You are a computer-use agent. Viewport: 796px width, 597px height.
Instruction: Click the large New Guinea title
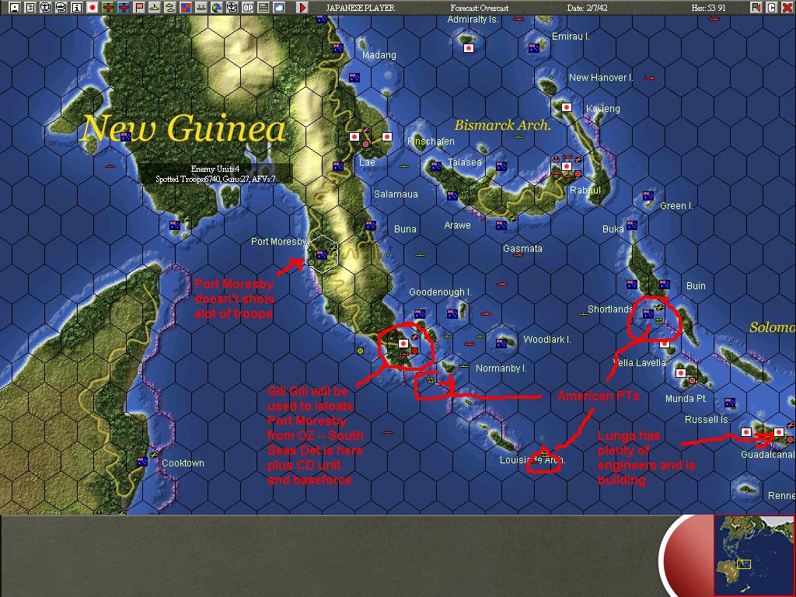[183, 128]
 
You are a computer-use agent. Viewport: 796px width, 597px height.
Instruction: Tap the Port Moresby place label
[280, 242]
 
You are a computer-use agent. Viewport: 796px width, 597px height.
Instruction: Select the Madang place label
[379, 55]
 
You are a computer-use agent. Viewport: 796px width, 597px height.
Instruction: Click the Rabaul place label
[585, 190]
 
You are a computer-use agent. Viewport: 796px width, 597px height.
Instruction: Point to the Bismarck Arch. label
[502, 125]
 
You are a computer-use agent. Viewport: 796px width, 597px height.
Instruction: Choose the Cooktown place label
[183, 463]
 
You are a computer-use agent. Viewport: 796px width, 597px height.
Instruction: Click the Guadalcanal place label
[768, 455]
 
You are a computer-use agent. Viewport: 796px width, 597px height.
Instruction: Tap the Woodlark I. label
[547, 340]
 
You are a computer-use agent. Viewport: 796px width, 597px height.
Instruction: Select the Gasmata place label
[522, 249]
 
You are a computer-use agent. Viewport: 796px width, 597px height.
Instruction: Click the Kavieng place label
[603, 109]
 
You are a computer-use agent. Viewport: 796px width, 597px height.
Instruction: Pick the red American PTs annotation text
[598, 396]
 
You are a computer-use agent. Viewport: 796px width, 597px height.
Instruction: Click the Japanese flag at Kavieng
[567, 107]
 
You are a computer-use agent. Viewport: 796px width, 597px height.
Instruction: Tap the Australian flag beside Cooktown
[142, 462]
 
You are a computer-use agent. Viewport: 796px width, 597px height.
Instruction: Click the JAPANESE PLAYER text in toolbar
[360, 8]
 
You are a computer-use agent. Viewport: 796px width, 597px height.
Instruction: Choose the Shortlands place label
[610, 309]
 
